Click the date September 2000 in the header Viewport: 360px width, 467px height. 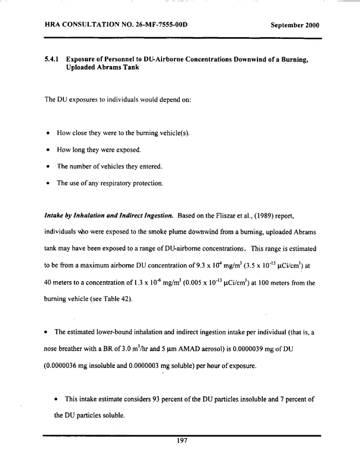tap(295, 26)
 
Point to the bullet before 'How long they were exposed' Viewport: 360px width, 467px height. tap(47, 150)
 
